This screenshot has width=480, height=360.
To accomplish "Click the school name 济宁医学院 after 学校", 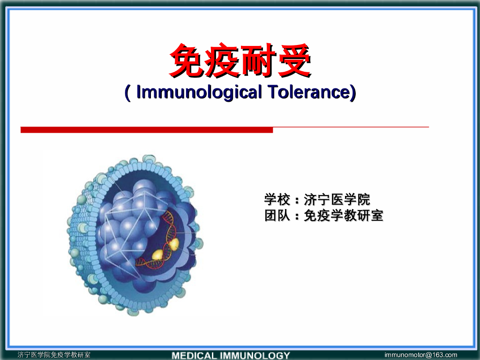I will coord(337,200).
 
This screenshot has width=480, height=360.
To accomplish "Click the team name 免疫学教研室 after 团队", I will coord(344,216).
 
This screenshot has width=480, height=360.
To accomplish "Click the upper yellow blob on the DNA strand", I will coord(173,243).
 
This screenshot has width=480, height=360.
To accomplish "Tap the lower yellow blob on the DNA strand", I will coord(158,254).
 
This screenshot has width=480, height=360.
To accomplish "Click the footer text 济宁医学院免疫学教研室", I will coord(54,355).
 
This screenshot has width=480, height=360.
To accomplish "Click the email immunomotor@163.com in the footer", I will coord(420,355).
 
